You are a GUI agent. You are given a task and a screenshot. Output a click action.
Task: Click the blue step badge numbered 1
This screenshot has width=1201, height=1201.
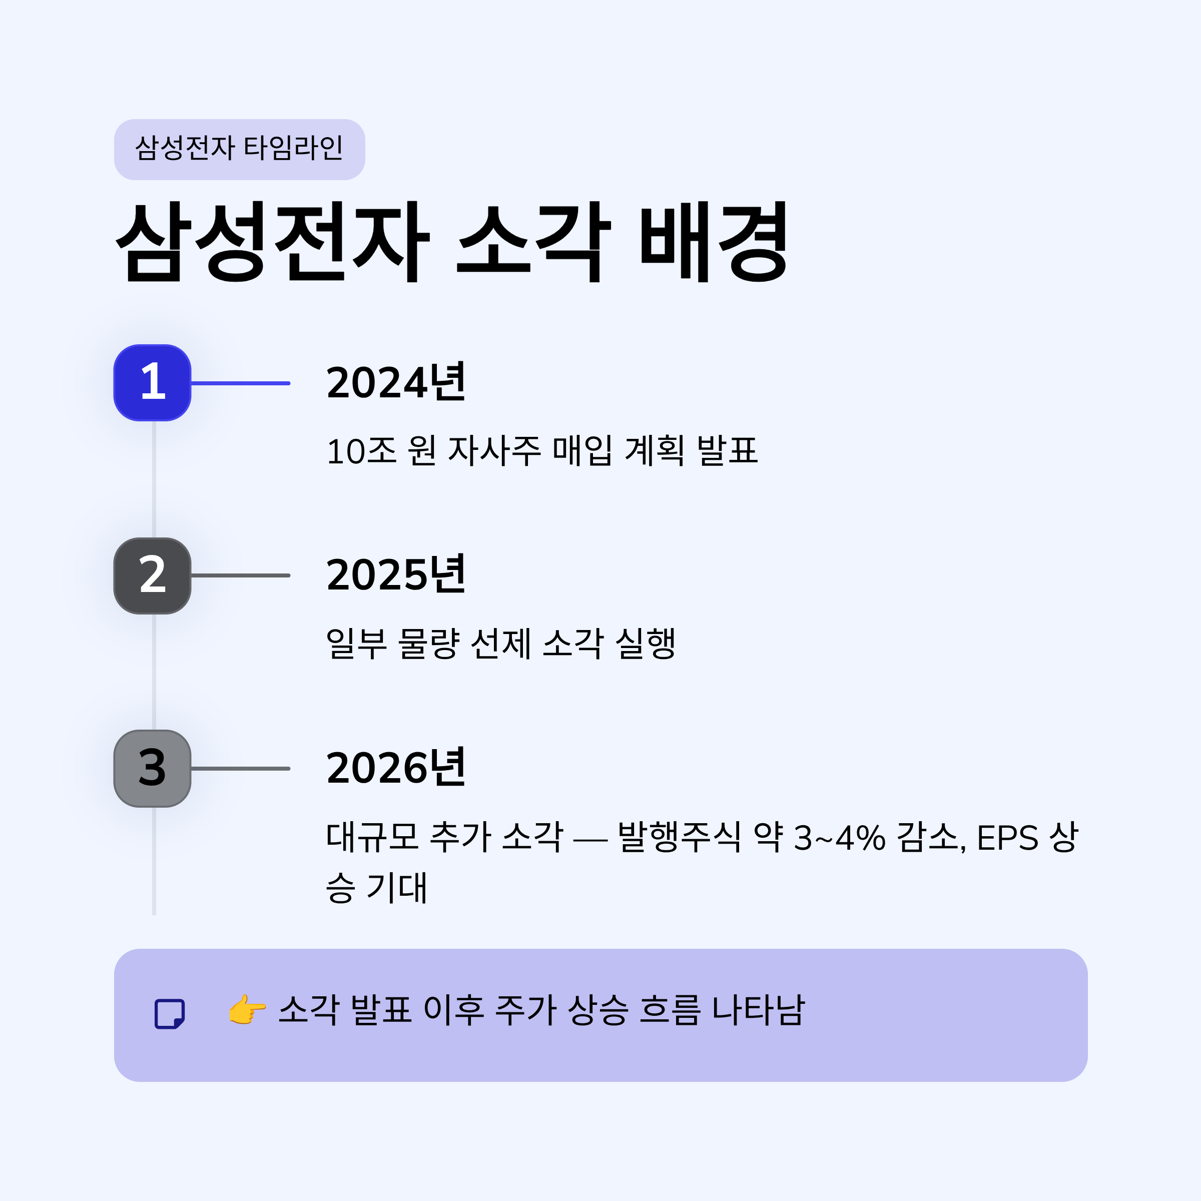[x=152, y=383]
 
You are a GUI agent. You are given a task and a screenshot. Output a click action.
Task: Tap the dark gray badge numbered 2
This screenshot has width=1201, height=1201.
[x=152, y=575]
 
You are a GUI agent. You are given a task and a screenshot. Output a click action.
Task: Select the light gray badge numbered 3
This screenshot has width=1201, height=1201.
[x=152, y=768]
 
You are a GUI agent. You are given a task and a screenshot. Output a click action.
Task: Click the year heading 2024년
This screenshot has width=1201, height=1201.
[x=396, y=382]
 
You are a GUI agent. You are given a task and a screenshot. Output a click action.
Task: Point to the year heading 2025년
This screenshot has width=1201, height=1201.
[x=396, y=574]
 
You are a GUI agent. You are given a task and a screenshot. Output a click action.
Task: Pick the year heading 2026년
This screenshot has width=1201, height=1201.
[x=396, y=768]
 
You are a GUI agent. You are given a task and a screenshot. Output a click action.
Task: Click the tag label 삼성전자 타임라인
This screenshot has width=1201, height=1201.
[x=239, y=149]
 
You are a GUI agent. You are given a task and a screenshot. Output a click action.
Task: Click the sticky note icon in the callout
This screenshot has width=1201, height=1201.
[x=170, y=1014]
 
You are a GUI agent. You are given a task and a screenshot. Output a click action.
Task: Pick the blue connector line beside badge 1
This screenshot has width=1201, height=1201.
[x=241, y=383]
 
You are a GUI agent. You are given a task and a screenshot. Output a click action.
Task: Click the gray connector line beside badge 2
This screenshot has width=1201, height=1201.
[x=241, y=575]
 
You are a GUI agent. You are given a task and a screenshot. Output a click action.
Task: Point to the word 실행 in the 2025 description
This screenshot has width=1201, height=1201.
[x=645, y=644]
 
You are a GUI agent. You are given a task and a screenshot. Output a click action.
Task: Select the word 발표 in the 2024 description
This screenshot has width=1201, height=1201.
[x=727, y=451]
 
